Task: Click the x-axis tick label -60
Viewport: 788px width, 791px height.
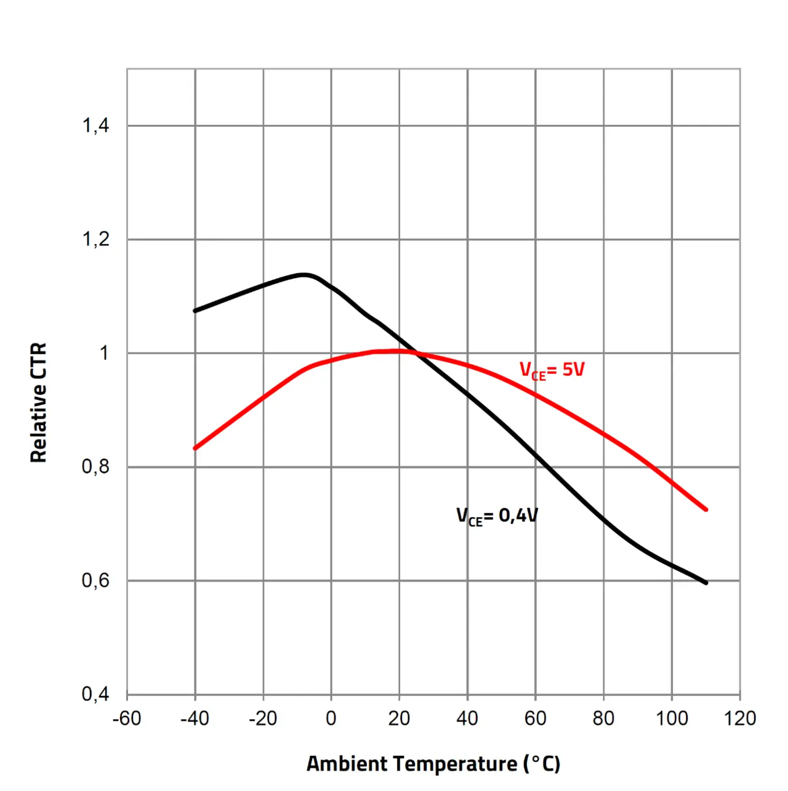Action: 127,718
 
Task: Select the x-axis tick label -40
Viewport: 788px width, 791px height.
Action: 195,718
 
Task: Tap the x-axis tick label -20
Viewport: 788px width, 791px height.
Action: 263,718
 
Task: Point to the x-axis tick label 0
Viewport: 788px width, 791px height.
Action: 331,718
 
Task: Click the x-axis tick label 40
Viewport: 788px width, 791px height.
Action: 467,718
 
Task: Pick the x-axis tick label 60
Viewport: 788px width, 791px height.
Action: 536,718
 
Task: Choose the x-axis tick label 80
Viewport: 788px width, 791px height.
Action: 603,718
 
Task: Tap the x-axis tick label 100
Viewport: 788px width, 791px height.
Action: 672,718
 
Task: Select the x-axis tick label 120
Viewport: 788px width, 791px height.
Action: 740,718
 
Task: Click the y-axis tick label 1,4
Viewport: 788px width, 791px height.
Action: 95,126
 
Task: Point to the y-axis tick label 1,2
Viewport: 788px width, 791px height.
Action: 95,239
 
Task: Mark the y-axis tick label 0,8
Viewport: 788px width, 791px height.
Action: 95,467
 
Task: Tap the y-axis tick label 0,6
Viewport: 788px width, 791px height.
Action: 95,581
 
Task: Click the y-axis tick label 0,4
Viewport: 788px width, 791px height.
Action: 95,694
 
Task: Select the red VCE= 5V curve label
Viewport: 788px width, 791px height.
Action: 552,370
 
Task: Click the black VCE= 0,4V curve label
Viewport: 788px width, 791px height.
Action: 497,516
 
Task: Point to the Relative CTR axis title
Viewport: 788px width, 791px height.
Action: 39,403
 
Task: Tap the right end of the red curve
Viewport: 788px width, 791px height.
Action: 706,509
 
